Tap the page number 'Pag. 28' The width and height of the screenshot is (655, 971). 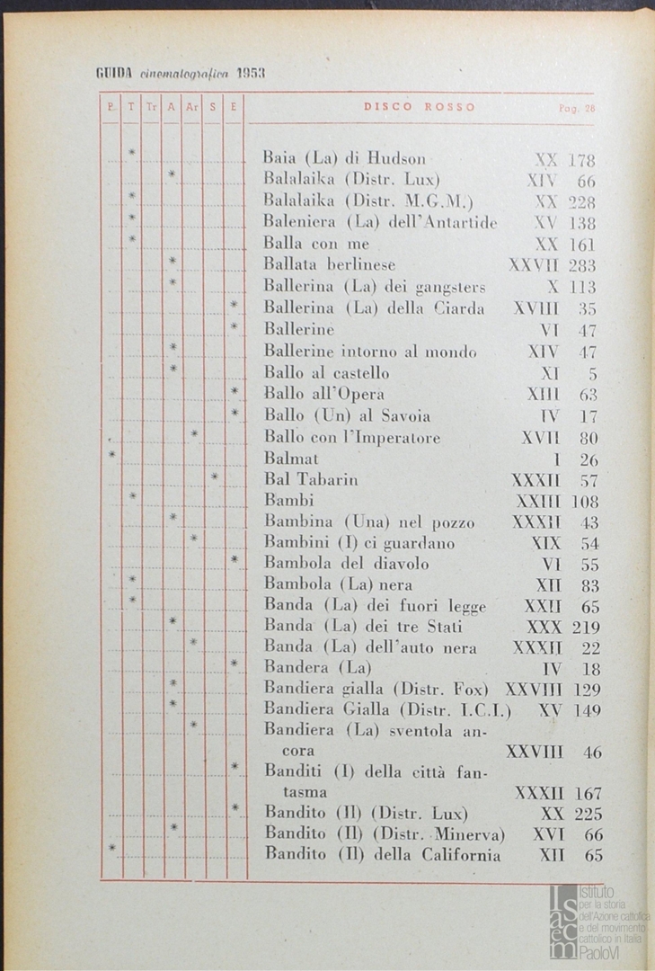point(577,108)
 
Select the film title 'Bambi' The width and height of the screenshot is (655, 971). point(281,500)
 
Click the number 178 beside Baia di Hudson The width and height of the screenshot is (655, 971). point(582,161)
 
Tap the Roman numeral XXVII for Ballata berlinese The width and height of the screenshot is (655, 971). point(534,265)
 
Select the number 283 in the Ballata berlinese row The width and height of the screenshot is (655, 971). point(582,265)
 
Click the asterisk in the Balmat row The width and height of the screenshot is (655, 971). point(111,455)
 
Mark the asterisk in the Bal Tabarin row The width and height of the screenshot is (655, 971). point(215,476)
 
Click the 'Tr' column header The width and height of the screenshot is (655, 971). point(151,108)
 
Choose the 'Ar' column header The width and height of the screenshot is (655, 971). point(191,108)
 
